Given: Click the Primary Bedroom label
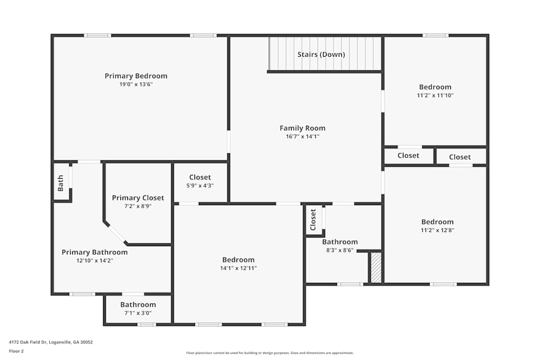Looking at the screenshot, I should click(x=136, y=76).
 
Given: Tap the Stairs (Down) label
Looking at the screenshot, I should click(x=321, y=55).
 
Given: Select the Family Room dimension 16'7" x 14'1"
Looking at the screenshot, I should click(x=302, y=137).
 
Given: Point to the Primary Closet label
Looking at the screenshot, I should click(x=138, y=198).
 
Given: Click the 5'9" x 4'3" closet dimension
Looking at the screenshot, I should click(x=200, y=186).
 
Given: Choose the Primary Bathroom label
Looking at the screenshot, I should click(x=94, y=252).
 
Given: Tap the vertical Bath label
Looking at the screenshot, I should click(x=60, y=183).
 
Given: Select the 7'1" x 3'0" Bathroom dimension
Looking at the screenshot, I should click(x=138, y=313).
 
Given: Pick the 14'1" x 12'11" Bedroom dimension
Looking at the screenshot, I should click(x=238, y=268).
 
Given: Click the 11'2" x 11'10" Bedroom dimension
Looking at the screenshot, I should click(x=435, y=96).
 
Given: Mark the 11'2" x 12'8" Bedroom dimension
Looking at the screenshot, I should click(x=437, y=230).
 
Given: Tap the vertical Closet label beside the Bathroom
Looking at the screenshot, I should click(x=313, y=220).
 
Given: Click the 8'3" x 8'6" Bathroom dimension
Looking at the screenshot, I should click(x=340, y=250).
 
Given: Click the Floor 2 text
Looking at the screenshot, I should click(x=16, y=351).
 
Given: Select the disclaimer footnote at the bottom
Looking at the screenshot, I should click(x=270, y=352).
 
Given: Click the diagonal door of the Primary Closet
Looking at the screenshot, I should click(x=117, y=234).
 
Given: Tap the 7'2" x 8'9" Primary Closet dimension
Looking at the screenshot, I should click(x=138, y=206).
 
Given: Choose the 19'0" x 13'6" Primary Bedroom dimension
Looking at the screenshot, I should click(x=136, y=84).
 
